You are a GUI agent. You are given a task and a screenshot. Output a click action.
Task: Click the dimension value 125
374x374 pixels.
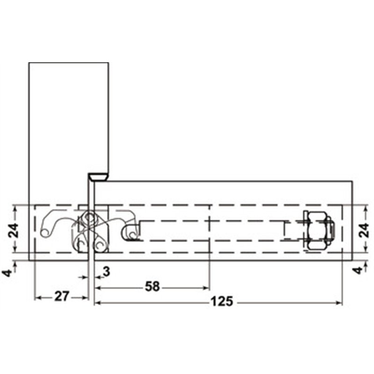click(222, 301)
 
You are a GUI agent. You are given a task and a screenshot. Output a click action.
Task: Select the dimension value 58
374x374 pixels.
click(152, 287)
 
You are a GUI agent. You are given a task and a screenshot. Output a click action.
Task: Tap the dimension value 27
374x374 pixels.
click(62, 296)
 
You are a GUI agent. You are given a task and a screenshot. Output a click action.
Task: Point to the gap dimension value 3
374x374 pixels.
click(107, 272)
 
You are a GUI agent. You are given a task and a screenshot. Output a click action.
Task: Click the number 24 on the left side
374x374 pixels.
click(13, 230)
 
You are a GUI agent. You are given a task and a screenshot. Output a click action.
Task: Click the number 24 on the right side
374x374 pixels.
click(364, 230)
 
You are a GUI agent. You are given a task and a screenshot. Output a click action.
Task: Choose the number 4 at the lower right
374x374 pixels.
click(358, 271)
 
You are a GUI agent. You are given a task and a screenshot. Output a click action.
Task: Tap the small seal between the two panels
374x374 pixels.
click(98, 177)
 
